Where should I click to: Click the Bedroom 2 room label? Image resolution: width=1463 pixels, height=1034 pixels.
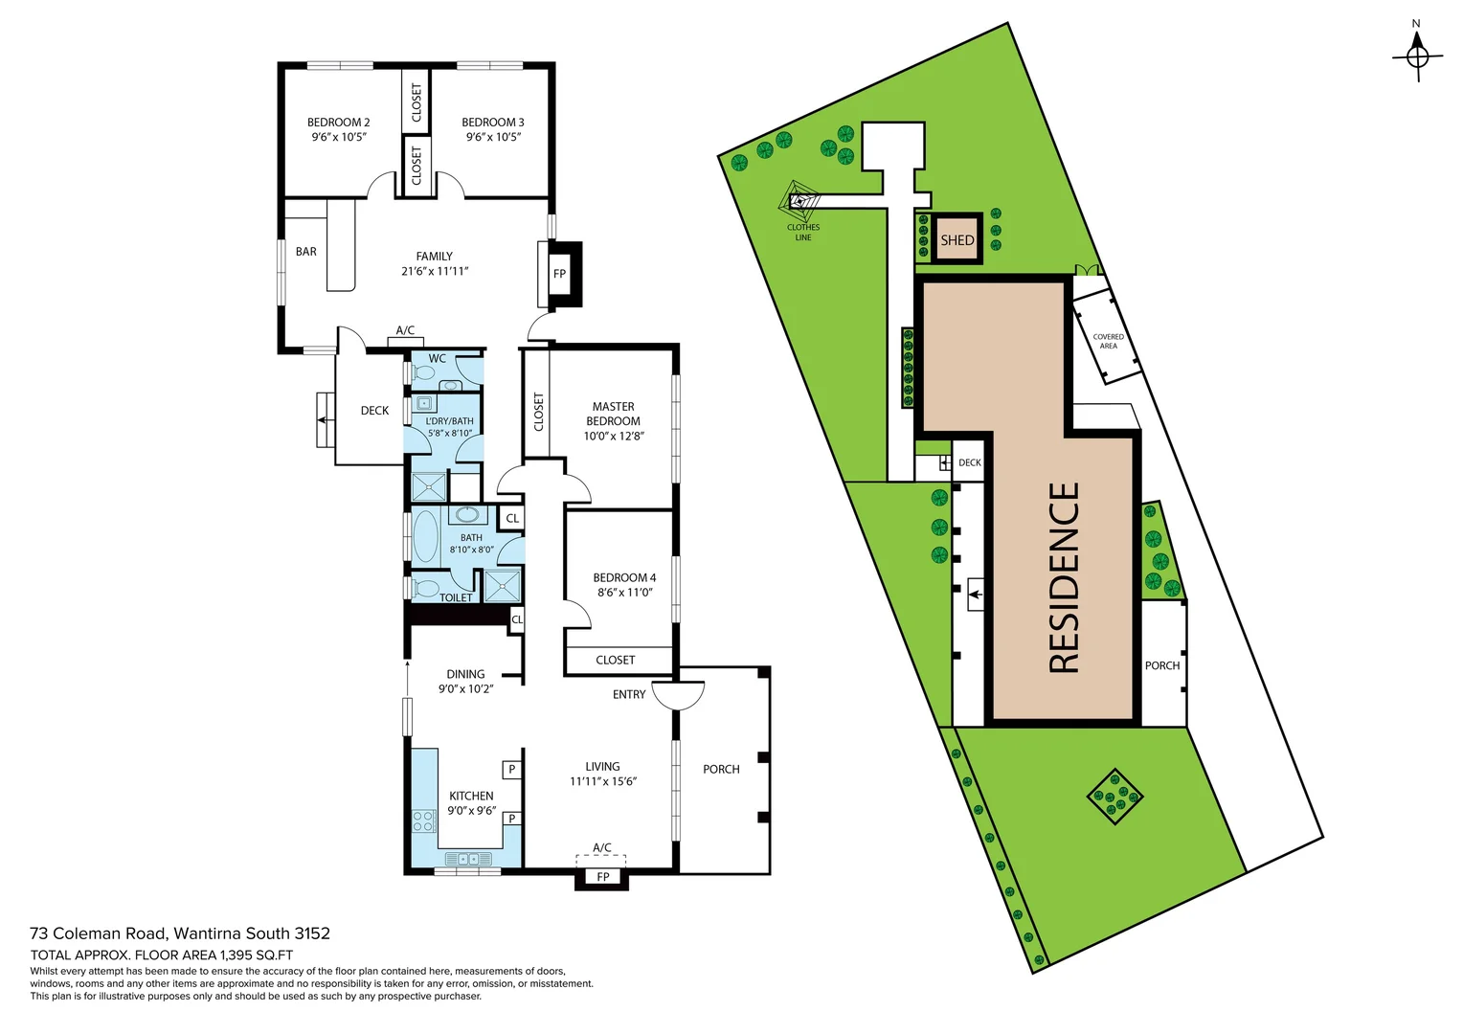pos(338,123)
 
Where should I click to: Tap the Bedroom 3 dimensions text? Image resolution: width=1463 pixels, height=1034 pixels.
pos(493,137)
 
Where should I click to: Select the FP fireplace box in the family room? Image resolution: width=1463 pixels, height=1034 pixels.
pos(559,274)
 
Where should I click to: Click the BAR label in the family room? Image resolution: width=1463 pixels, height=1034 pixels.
pos(306,252)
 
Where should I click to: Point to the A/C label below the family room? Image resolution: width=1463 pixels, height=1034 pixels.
pos(405,330)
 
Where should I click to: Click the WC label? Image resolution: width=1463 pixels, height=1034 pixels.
pos(437,359)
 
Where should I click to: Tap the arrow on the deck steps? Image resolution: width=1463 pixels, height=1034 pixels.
pos(324,419)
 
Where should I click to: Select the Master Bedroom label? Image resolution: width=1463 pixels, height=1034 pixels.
pos(613,414)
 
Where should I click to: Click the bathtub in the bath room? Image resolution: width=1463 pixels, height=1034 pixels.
pos(425,536)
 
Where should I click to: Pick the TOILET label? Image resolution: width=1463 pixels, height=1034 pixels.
pos(456,597)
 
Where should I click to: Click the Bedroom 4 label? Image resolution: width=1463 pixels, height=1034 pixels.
pos(624,577)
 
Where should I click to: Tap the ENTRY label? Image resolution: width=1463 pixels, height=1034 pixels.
pos(629,694)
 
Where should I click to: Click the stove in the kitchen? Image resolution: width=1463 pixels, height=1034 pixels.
pos(423,820)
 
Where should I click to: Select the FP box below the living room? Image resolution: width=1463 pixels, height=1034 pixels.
pos(602,877)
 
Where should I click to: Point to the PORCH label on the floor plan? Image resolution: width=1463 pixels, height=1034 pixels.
pos(721,769)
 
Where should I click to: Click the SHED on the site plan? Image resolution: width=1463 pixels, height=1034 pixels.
pos(957,239)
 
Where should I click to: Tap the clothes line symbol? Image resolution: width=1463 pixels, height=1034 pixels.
pos(800,202)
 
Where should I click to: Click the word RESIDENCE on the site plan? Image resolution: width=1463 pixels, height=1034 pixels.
pos(1064,577)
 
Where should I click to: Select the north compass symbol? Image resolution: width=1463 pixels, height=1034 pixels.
pos(1417,56)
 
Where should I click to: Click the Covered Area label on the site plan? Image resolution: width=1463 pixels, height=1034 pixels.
pos(1108,341)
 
